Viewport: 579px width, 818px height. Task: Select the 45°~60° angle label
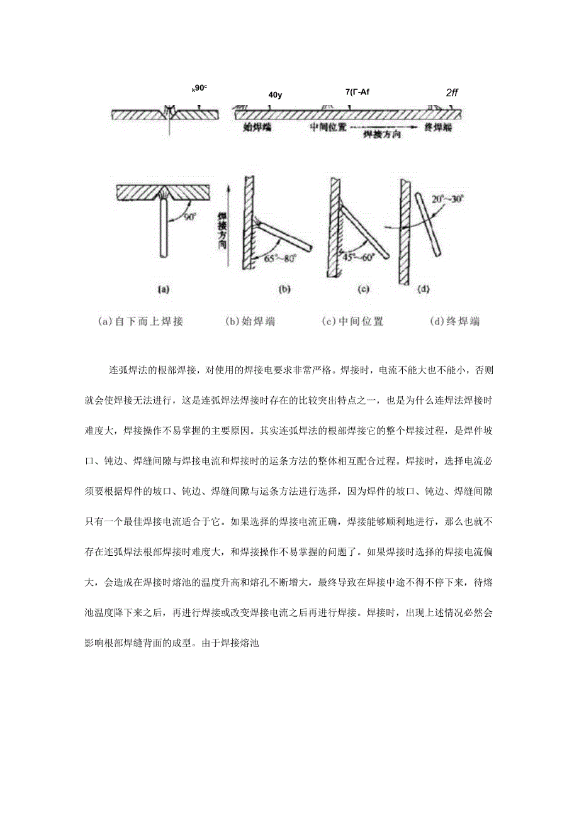359,257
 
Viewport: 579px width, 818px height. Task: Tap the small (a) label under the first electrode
163,290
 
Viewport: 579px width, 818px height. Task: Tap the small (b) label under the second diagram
284,290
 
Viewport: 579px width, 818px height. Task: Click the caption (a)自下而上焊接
141,321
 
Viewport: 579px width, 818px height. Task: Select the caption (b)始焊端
250,321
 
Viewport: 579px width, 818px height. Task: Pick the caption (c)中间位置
352,321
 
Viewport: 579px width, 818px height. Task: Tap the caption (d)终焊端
454,321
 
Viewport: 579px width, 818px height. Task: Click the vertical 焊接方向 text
222,230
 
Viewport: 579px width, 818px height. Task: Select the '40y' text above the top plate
275,95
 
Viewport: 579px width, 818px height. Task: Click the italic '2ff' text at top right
452,92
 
